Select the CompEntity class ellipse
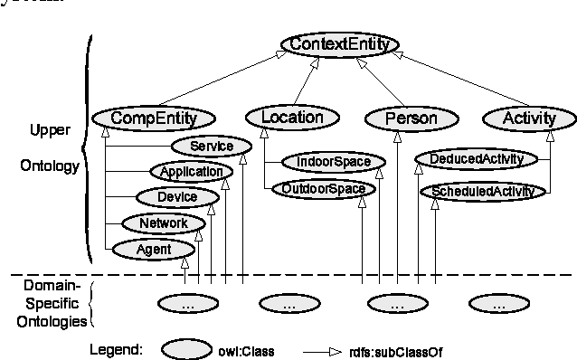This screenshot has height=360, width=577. point(153,118)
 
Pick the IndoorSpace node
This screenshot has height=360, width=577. point(326,163)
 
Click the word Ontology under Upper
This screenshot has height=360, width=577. point(42,165)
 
